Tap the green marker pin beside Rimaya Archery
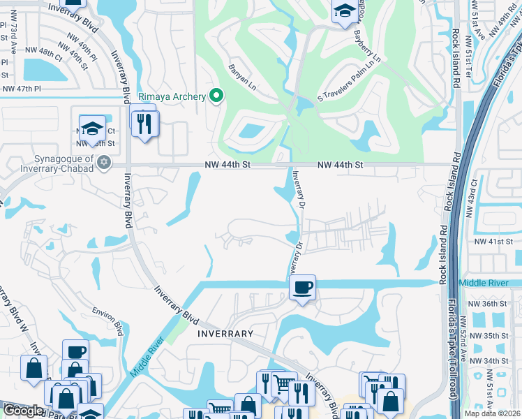[x=216, y=96]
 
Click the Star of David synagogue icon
[x=104, y=163]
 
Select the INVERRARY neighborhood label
[x=225, y=334]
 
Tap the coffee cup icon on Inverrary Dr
[x=302, y=287]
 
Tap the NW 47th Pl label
[x=22, y=89]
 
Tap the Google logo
[x=24, y=411]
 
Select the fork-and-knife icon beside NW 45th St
[x=145, y=124]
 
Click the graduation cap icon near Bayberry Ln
[x=344, y=12]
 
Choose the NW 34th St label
[x=485, y=360]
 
